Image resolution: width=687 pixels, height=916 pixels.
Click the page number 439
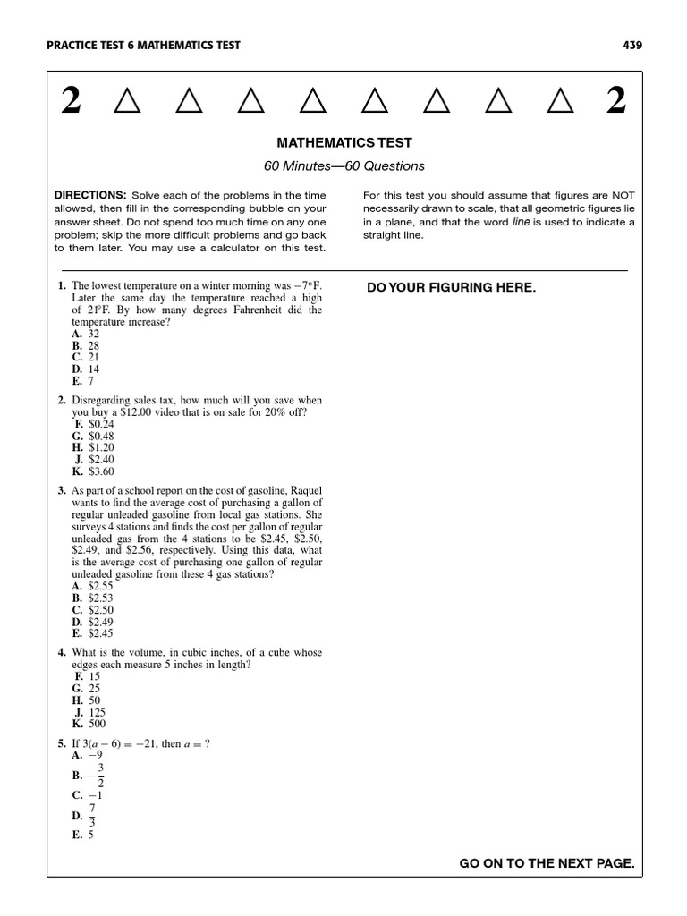632,46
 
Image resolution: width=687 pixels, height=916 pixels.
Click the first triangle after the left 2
128,104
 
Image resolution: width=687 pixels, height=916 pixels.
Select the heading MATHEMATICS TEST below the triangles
343,143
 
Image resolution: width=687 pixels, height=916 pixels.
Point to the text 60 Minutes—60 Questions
343,166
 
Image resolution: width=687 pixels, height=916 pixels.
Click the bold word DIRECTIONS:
90,195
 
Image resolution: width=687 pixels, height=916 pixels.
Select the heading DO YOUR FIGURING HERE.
452,287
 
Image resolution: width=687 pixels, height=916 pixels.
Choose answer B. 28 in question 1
86,345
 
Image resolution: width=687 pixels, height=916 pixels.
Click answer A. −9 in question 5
88,755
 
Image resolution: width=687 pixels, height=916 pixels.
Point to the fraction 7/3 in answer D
93,815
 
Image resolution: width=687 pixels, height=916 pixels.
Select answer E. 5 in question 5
83,835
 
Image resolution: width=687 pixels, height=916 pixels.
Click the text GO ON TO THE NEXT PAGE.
547,863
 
